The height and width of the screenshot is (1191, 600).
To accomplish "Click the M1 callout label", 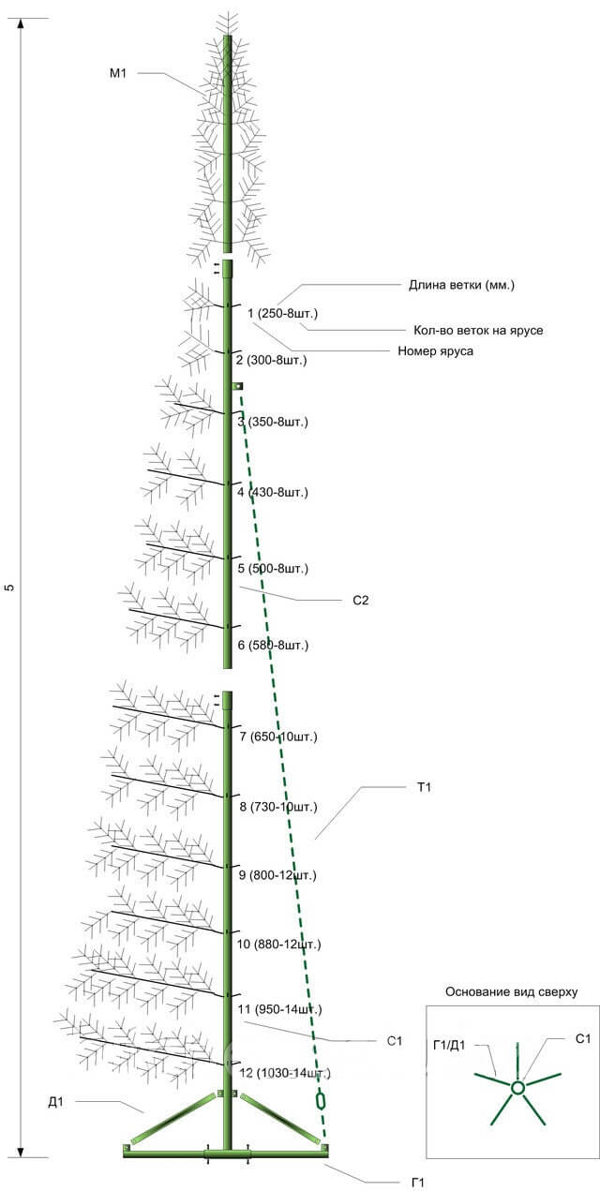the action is tap(117, 73).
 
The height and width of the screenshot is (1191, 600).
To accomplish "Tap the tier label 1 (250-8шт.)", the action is tap(282, 313).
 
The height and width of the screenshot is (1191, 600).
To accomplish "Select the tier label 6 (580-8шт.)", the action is tap(273, 645).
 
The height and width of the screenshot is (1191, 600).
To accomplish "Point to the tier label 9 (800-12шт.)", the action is tap(277, 874).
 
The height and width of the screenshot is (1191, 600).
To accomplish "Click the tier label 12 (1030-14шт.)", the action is tap(285, 1073).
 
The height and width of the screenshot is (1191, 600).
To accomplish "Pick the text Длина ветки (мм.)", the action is tap(461, 285).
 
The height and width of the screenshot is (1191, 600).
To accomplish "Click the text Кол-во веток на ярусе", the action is tap(478, 330).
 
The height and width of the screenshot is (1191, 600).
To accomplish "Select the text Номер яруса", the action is tap(435, 350).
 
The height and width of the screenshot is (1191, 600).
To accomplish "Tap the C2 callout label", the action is tap(360, 601).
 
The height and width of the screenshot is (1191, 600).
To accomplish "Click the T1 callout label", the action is tap(424, 787).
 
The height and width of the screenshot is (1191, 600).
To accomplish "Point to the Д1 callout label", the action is tap(55, 1102).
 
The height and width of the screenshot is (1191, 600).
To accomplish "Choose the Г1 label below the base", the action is tap(417, 1183).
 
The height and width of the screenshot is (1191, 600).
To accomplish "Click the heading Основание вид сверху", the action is tap(511, 992).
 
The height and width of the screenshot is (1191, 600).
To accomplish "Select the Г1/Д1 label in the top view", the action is tap(449, 1046).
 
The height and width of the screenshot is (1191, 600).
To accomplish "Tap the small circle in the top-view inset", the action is tap(517, 1088).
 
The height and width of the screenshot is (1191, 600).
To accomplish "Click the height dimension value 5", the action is tap(9, 588).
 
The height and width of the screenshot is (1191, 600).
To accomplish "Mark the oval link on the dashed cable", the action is tap(321, 1101).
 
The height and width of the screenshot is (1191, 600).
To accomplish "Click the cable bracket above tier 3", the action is tap(237, 386).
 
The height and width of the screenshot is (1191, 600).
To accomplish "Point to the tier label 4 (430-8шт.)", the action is tap(272, 492).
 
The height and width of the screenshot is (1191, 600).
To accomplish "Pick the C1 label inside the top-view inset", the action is tap(583, 1039).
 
